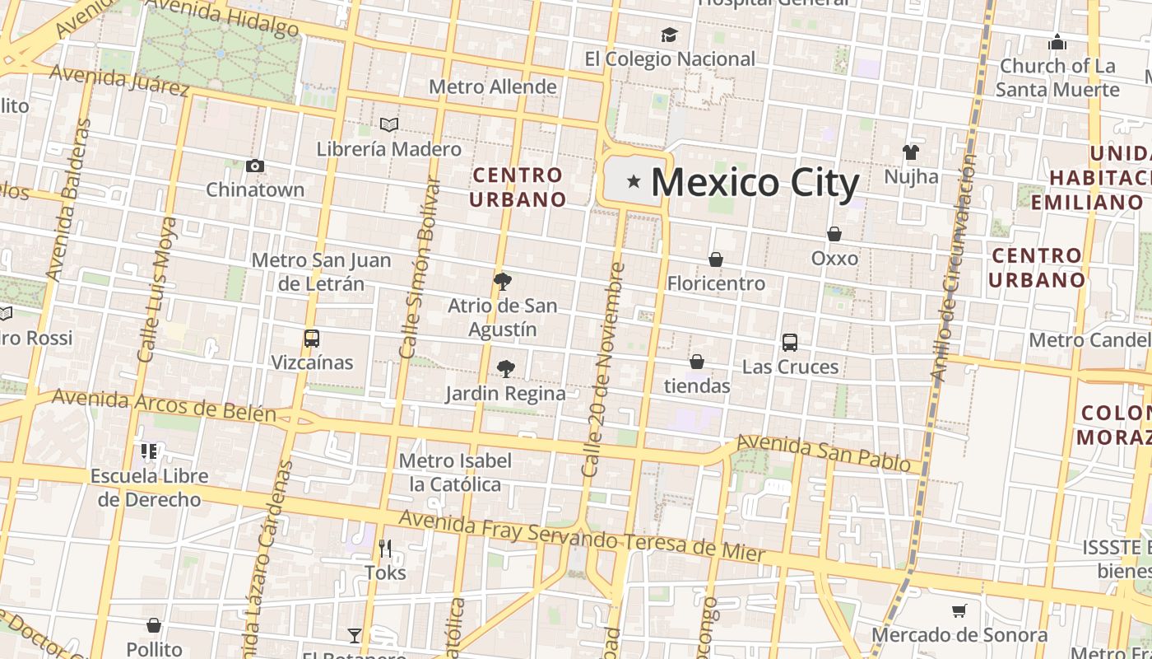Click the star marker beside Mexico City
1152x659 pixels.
coord(634,181)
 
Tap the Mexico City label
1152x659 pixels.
coord(755,182)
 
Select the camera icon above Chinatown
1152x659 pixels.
coord(255,166)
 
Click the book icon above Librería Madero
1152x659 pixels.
coord(389,124)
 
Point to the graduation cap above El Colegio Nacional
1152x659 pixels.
coord(669,35)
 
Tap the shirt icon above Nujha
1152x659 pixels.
coord(910,152)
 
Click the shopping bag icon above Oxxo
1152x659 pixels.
coord(834,234)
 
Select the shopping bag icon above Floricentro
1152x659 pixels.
coord(716,259)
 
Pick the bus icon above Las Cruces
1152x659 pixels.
coord(790,343)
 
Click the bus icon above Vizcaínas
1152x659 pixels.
coord(312,338)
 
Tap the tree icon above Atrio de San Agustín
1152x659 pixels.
coord(502,282)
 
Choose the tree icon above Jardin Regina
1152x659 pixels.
coord(506,369)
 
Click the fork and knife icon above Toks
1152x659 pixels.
coord(384,548)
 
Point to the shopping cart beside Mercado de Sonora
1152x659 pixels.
coord(959,610)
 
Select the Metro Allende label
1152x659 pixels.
coord(493,86)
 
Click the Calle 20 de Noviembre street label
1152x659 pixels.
coord(603,369)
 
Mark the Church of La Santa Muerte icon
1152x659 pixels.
coord(1057,42)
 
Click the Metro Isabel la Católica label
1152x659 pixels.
coord(455,472)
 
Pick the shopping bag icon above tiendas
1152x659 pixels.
coord(697,362)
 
